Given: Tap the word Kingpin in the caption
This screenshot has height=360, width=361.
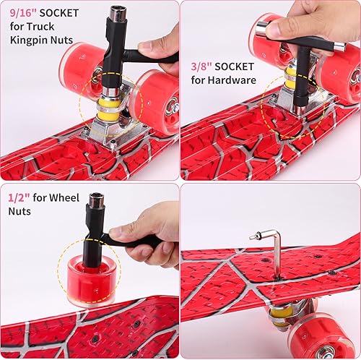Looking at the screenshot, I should tap(27, 39).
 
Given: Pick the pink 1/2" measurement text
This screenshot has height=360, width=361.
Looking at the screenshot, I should tap(18, 197).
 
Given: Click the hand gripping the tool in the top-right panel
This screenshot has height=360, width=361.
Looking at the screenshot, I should tap(303, 22).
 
